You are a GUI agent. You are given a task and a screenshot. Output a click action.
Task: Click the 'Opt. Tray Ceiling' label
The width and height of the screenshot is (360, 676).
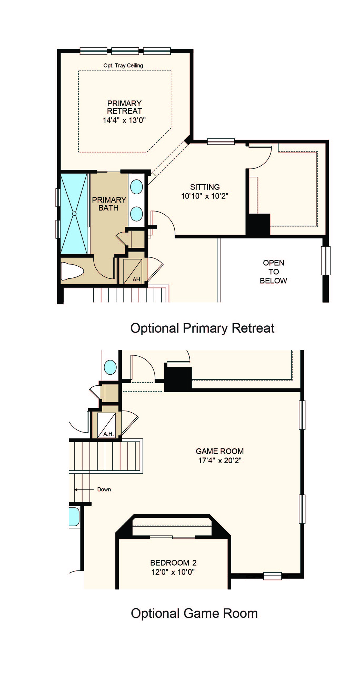[x=123, y=65]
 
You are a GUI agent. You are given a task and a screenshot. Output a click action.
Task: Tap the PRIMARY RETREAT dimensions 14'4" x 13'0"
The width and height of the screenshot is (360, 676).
[x=124, y=120]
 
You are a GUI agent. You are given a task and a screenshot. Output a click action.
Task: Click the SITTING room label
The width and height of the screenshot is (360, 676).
[x=205, y=187]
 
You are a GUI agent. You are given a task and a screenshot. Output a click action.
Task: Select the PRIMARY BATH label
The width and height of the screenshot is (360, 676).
[x=109, y=204]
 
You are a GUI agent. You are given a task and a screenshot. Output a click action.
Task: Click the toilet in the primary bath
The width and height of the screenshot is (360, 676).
[x=72, y=271]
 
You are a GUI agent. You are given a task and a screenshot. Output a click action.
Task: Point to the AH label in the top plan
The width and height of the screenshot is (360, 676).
[x=136, y=279]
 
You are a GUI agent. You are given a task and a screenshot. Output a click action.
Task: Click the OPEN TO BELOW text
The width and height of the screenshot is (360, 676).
[x=273, y=272]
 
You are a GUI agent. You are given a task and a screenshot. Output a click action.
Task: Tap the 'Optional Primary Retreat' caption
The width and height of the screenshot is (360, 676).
[x=202, y=328]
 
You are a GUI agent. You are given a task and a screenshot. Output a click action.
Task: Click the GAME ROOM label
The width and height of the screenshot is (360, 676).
[x=220, y=451]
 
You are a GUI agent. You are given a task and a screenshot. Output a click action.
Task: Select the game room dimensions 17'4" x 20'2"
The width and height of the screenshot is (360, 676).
[x=220, y=460]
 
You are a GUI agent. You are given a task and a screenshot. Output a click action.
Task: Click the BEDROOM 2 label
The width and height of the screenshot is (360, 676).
[x=173, y=563]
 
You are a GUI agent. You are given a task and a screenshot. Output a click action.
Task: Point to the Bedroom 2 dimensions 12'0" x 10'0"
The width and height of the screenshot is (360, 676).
[x=173, y=572]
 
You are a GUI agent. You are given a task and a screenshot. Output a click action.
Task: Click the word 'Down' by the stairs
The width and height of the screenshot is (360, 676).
[x=104, y=489]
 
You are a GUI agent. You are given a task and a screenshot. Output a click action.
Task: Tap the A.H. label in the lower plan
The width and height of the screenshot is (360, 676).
[x=108, y=434]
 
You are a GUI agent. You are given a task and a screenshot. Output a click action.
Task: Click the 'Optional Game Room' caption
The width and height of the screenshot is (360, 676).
[x=194, y=613]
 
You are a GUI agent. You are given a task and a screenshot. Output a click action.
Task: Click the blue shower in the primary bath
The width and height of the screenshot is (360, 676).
[x=74, y=214]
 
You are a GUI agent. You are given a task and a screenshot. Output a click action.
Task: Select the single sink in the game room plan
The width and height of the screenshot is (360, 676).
[x=110, y=367]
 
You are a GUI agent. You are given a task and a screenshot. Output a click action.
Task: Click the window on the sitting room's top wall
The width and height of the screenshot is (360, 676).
[x=221, y=142]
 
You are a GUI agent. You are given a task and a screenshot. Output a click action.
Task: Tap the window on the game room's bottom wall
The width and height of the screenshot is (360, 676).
[x=272, y=576]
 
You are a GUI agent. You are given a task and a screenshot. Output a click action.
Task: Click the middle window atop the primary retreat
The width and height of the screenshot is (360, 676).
[x=125, y=51]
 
